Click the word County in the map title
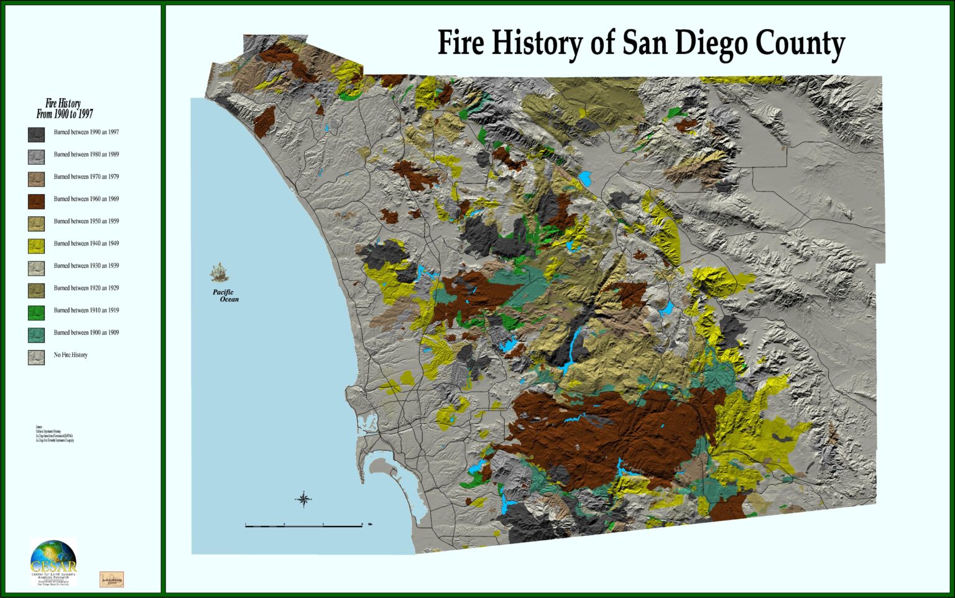800,44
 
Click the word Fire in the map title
462,44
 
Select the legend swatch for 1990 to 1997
36,134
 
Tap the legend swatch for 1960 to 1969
36,201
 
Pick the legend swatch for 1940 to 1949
36,246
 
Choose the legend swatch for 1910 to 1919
36,312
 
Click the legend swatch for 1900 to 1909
36,334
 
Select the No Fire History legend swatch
36,357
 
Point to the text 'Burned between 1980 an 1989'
86,154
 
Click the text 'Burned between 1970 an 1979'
86,177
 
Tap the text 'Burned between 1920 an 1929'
86,288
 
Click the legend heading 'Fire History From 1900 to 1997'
64,109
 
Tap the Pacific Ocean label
225,296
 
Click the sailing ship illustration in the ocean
219,272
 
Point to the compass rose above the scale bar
303,499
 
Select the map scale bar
304,526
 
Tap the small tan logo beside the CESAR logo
111,579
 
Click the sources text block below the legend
55,435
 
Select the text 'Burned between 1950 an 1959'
86,221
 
